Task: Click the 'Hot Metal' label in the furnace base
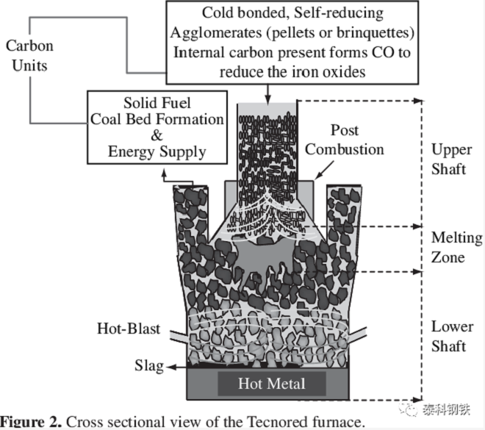click(271, 383)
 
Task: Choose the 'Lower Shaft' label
click(452, 336)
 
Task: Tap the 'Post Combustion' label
click(345, 140)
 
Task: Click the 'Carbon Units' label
click(29, 55)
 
